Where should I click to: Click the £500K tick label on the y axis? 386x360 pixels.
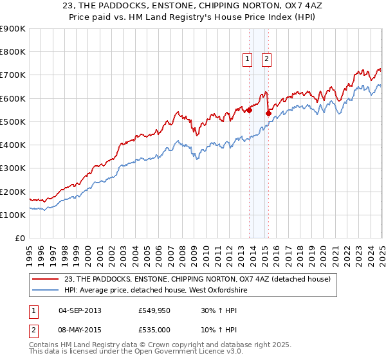pyautogui.click(x=13, y=122)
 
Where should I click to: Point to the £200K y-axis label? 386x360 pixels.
pyautogui.click(x=13, y=192)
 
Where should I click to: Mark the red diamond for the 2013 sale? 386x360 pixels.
pyautogui.click(x=249, y=110)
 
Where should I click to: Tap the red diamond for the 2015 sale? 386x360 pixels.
pyautogui.click(x=268, y=114)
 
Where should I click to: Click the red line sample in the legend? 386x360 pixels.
pyautogui.click(x=46, y=279)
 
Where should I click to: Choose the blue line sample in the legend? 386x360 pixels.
pyautogui.click(x=46, y=291)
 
